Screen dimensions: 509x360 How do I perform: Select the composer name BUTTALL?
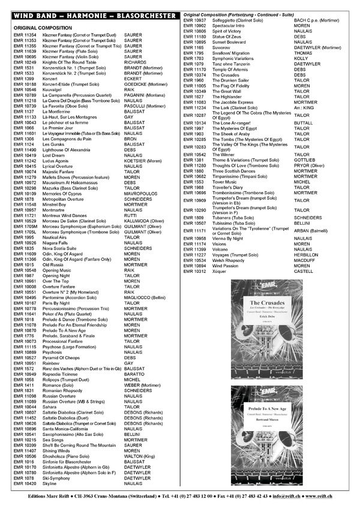pyautogui.click(x=304, y=122)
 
